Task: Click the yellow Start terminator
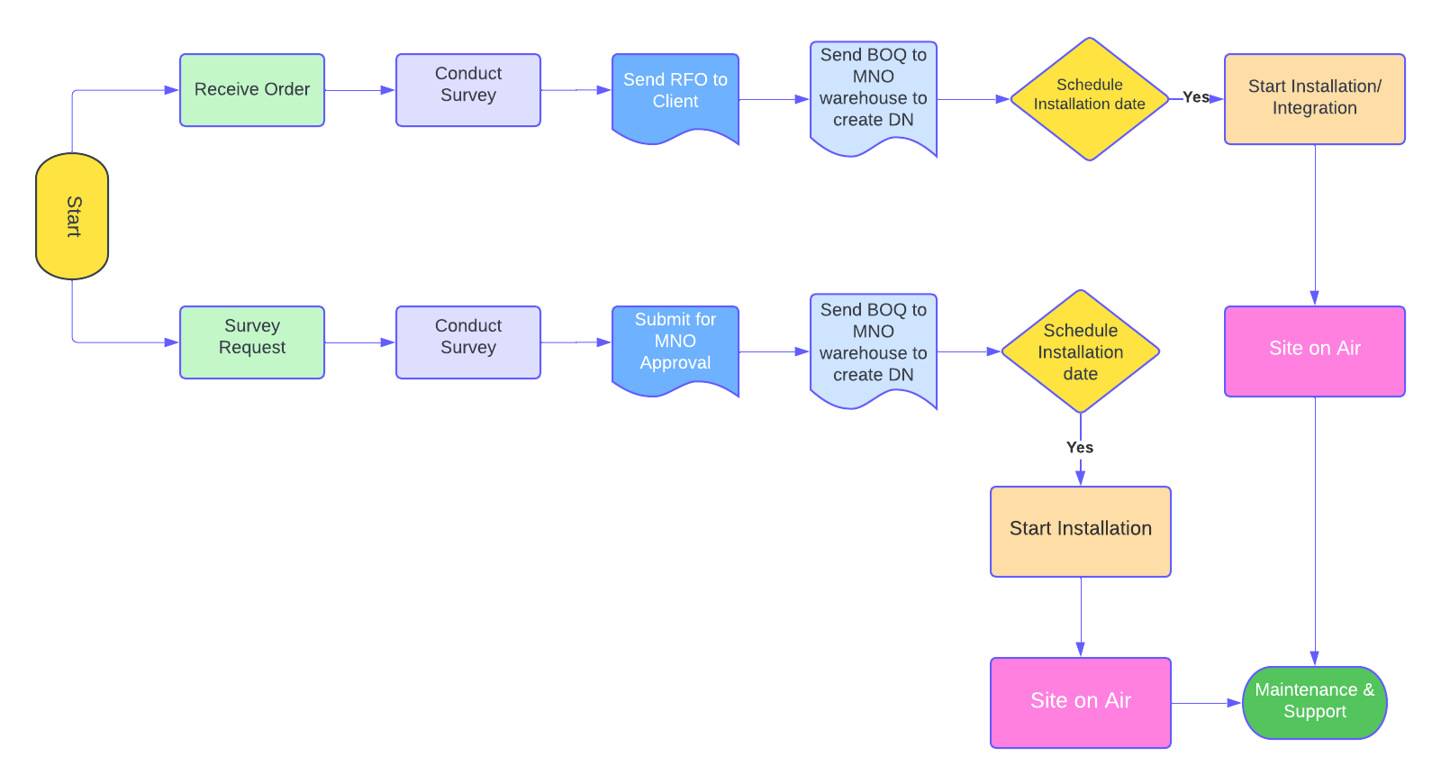coord(72,216)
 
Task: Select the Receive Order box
coord(252,90)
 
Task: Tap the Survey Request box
coord(252,342)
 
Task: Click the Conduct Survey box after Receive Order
coord(468,90)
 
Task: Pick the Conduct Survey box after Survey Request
coord(468,342)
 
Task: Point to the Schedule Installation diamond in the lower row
coord(1081,351)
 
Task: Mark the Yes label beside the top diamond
coord(1196,97)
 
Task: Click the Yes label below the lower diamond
coord(1080,448)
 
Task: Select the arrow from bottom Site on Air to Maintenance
coord(1207,703)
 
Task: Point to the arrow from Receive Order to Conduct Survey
coord(360,90)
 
